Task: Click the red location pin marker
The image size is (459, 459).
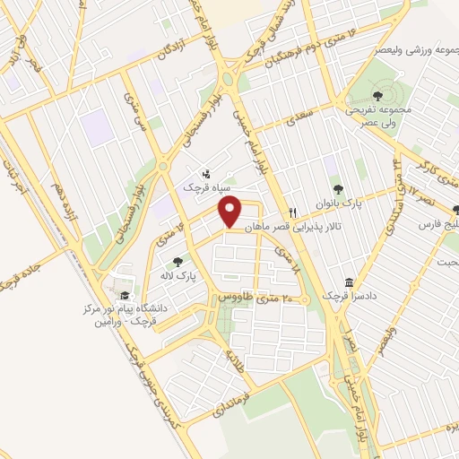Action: (x=231, y=212)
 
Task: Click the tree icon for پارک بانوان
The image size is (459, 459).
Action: (x=338, y=188)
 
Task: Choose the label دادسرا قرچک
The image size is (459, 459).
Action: (x=342, y=296)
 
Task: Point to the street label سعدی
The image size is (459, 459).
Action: (x=293, y=117)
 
